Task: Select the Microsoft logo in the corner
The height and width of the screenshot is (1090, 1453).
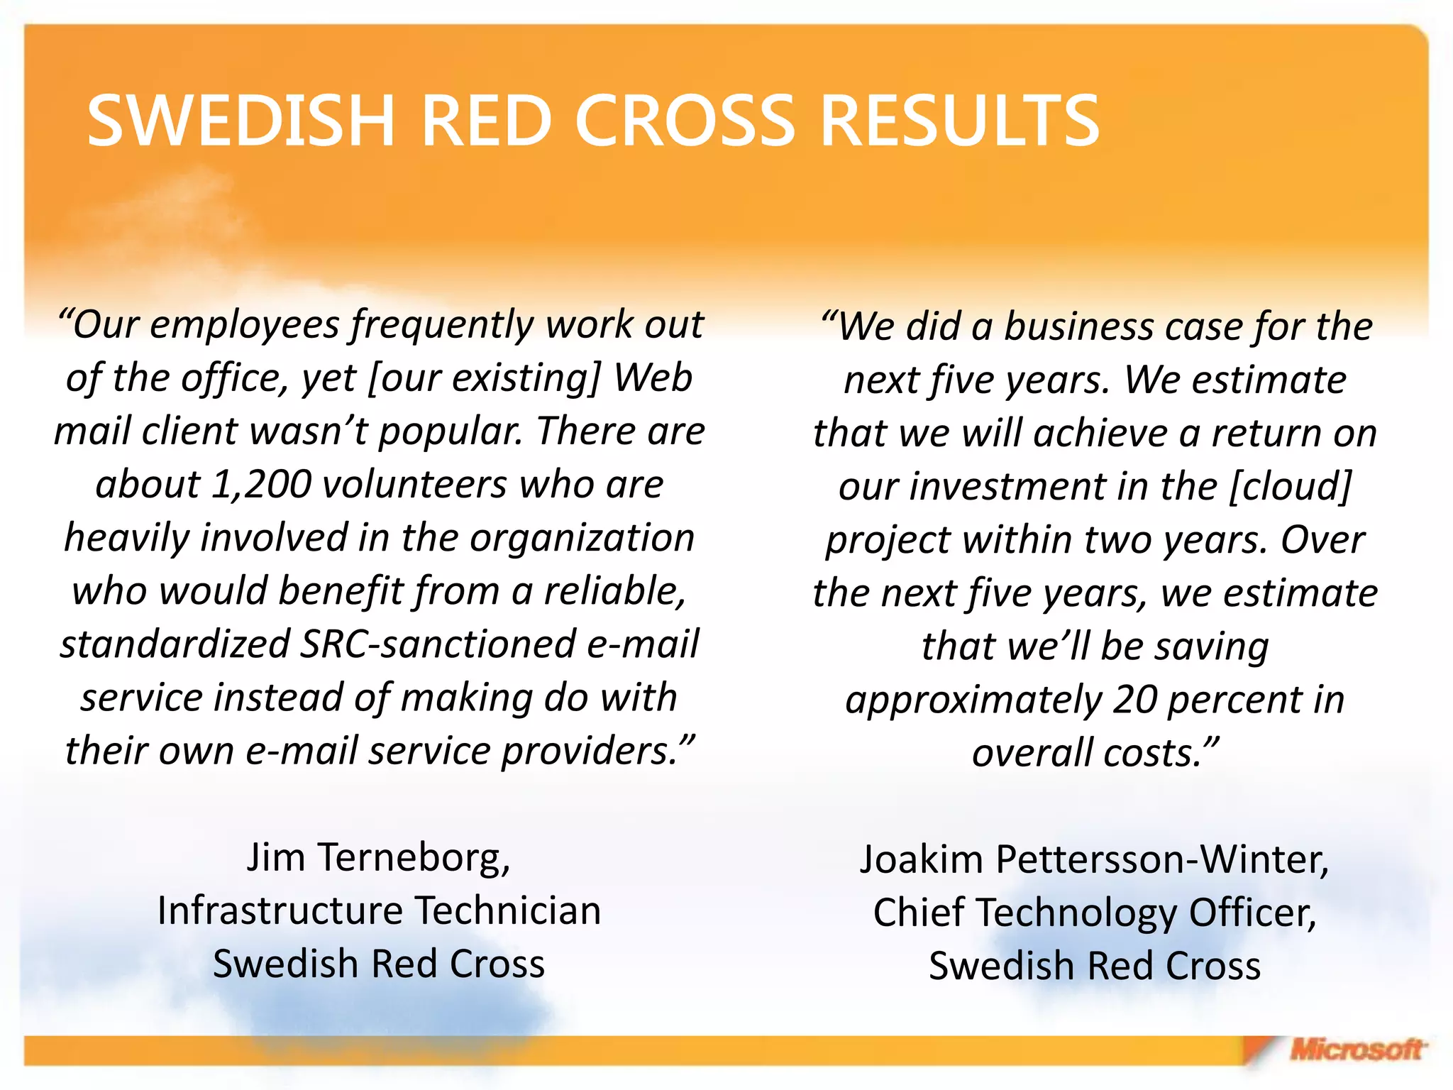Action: [1355, 1050]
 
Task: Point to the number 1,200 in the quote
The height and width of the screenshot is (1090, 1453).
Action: [262, 485]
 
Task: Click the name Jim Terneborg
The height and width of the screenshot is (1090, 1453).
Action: [378, 857]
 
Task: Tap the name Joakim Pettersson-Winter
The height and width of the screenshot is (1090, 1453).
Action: [1094, 859]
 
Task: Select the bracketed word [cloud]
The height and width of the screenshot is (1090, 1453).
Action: [1291, 487]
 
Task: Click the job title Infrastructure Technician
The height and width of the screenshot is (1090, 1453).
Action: [379, 910]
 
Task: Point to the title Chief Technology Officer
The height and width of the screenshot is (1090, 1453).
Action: [1094, 913]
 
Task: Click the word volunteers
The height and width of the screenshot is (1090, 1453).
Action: [415, 485]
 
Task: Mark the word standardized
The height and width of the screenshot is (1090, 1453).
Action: [175, 644]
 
